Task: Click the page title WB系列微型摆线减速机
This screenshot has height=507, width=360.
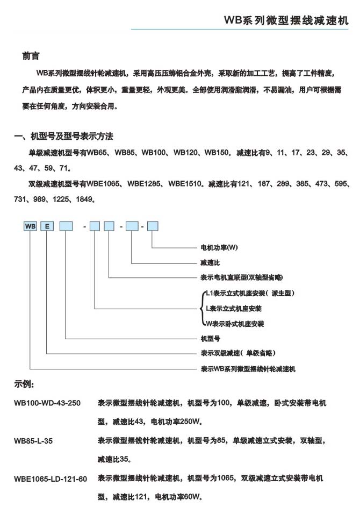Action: tap(286, 20)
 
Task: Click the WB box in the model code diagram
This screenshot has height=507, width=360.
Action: tap(30, 226)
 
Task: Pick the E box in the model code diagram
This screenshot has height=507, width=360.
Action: tap(47, 226)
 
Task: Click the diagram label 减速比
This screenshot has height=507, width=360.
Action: tap(210, 263)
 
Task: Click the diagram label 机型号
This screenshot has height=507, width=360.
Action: tap(210, 339)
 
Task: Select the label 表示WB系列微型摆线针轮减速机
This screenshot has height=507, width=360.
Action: tap(248, 369)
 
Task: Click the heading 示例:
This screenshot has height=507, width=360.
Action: tap(24, 384)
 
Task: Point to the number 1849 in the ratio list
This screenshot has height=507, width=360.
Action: tap(85, 199)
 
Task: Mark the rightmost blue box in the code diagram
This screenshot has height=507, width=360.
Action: tap(153, 226)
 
